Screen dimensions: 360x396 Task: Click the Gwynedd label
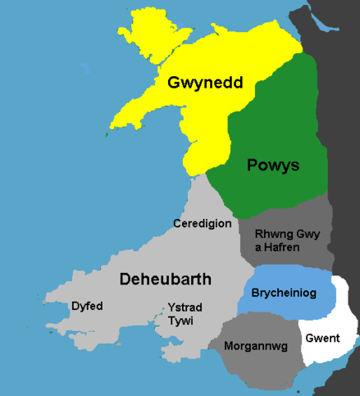(198, 83)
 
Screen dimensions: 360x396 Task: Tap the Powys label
(273, 165)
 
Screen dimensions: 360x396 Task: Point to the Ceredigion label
(202, 224)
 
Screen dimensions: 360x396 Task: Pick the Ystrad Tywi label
(184, 313)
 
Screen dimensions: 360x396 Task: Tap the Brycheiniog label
(284, 292)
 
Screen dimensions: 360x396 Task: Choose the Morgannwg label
(256, 346)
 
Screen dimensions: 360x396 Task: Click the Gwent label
(322, 339)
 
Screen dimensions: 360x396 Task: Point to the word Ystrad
(185, 307)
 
